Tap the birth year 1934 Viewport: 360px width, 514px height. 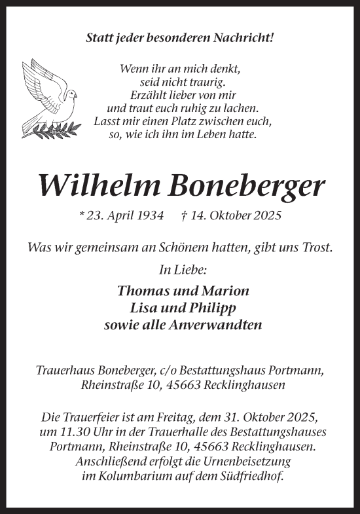coord(147,215)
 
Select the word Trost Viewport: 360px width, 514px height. coord(316,248)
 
